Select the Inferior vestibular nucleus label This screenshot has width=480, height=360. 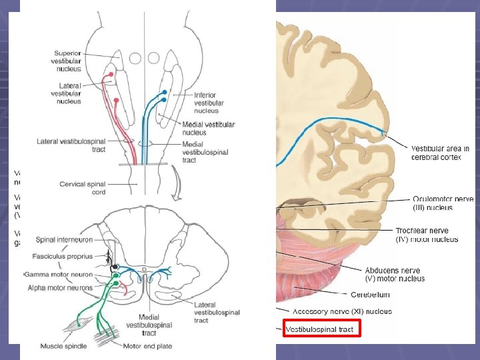pyautogui.click(x=208, y=103)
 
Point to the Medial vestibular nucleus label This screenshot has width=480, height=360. pyautogui.click(x=208, y=128)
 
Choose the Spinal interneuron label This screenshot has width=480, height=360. pyautogui.click(x=64, y=239)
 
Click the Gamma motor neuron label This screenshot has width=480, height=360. pyautogui.click(x=59, y=275)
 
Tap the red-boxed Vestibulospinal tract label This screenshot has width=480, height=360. pyautogui.click(x=321, y=329)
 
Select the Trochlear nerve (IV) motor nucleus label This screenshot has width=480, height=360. pyautogui.click(x=427, y=235)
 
